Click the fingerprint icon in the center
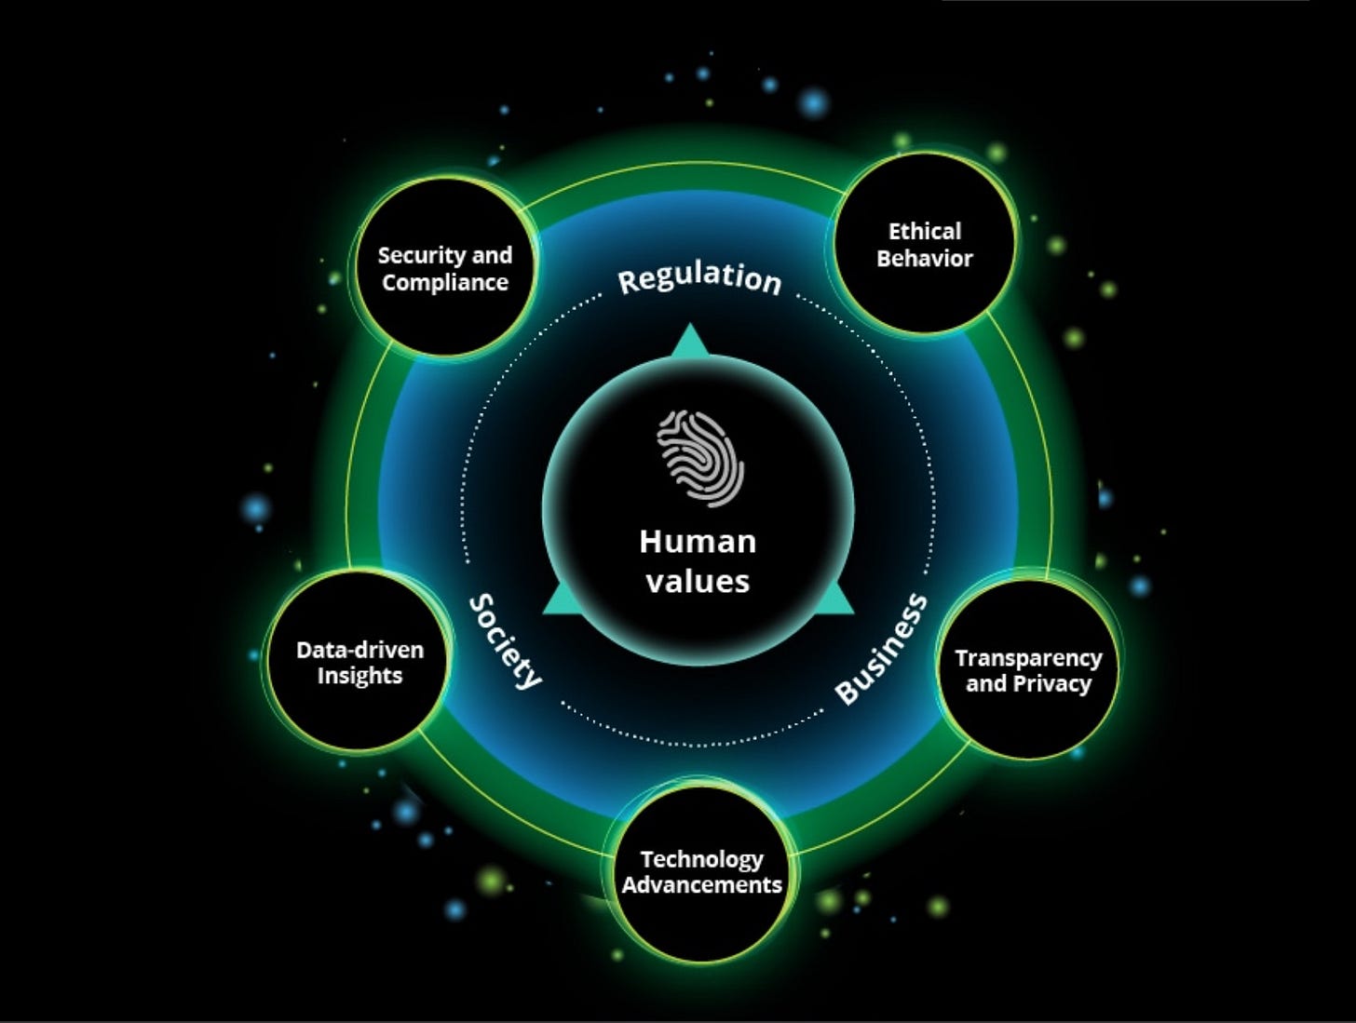click(x=700, y=457)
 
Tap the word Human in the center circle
click(x=698, y=542)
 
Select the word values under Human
click(x=698, y=582)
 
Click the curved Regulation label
click(x=699, y=277)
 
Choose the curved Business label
click(x=881, y=649)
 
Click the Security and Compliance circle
click(x=445, y=268)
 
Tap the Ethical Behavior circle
click(x=924, y=244)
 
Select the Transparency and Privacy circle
click(x=1028, y=670)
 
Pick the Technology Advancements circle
click(x=701, y=872)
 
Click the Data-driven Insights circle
click(x=359, y=662)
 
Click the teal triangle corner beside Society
click(x=558, y=602)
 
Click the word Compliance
click(x=445, y=283)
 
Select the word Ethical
click(x=924, y=231)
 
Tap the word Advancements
click(x=701, y=884)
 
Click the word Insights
click(x=359, y=676)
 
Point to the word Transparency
click(x=1028, y=658)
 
